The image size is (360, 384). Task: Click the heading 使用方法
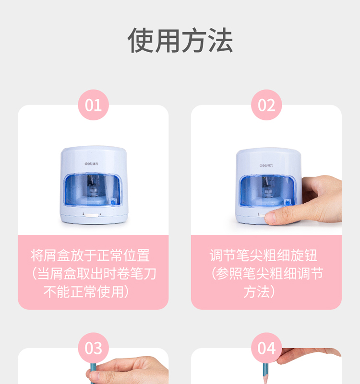180,40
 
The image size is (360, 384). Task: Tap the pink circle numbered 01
93,105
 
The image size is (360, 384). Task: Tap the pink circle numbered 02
266,105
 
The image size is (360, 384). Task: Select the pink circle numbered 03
93,348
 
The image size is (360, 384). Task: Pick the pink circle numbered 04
266,348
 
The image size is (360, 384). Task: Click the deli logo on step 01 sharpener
91,163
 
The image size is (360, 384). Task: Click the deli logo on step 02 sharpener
266,165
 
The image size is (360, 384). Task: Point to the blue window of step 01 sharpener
93,189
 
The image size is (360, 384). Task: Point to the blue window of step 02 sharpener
268,190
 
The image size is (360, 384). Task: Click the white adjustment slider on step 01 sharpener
92,215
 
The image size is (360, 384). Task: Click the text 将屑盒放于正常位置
90,256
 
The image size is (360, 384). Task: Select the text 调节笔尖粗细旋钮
264,256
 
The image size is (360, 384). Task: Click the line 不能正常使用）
86,291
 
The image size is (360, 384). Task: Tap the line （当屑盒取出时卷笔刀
94,274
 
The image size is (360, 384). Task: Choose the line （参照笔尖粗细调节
267,274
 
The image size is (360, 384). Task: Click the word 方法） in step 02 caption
260,291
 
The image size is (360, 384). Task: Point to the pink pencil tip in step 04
265,380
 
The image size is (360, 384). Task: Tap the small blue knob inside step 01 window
113,202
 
